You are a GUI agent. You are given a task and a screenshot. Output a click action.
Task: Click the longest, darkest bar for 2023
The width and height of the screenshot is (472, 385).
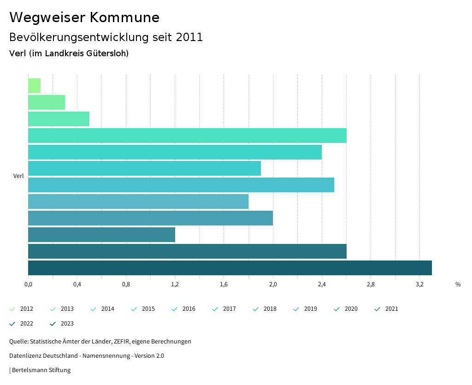coord(230,268)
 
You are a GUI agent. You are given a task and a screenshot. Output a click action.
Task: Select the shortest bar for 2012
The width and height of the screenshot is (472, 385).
coord(35,86)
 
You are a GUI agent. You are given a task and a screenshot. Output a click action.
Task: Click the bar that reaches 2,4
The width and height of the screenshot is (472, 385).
coord(175,152)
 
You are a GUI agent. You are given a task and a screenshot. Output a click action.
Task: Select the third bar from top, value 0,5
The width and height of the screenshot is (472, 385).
coord(59,119)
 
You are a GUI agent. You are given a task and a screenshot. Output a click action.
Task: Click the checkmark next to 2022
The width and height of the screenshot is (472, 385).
coord(12,324)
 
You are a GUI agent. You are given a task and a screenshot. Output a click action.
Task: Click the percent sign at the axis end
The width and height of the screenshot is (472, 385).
coord(458,284)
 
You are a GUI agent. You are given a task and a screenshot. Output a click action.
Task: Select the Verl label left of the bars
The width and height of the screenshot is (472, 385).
coord(18,176)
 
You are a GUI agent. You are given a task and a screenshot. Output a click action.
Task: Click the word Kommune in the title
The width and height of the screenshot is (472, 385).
coord(124,18)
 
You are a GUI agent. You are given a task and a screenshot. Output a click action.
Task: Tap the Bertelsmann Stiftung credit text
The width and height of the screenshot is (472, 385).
coord(41,370)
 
